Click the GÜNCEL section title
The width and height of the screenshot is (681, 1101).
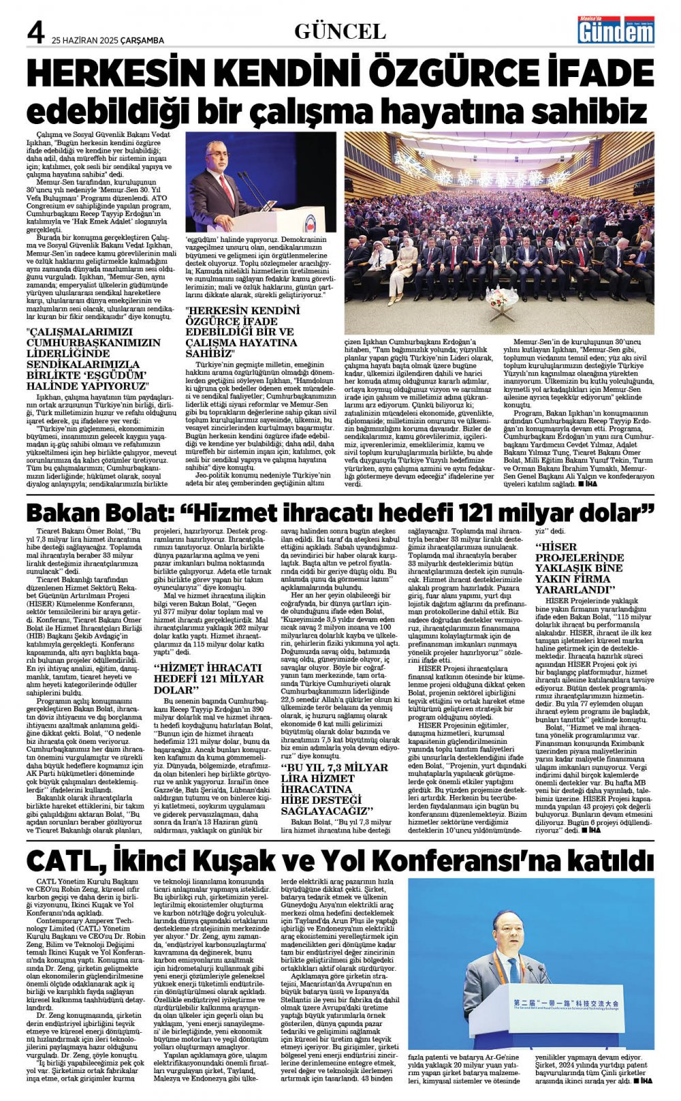tap(340, 31)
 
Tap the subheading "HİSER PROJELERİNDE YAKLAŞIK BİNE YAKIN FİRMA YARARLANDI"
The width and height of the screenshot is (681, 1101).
tap(580, 567)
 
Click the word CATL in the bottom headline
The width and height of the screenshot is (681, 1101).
tap(59, 860)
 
